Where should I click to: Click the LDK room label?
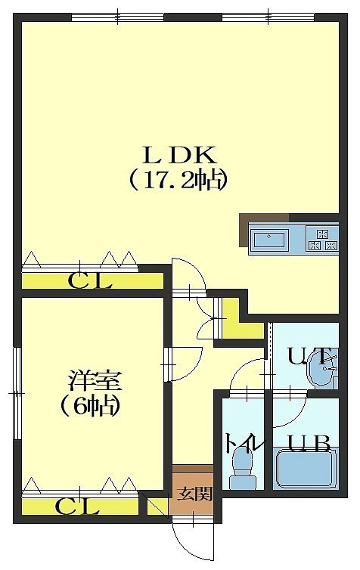coord(180,156)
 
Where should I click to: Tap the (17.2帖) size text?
coord(179,181)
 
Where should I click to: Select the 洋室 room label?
coord(95,381)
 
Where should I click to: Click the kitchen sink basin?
coord(269,240)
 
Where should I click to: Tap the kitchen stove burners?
coord(322,239)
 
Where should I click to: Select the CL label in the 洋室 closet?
coord(77,506)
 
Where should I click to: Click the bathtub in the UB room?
coord(305,469)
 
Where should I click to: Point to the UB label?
coord(309,443)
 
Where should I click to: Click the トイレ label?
coord(244,444)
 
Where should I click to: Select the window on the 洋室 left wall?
coord(17,394)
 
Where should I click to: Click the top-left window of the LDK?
coord(118,17)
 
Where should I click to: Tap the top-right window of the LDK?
coord(268,17)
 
